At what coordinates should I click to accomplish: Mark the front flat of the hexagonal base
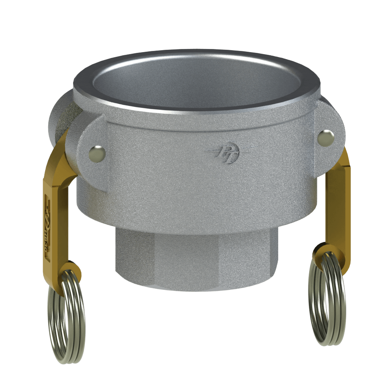tap(194, 261)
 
